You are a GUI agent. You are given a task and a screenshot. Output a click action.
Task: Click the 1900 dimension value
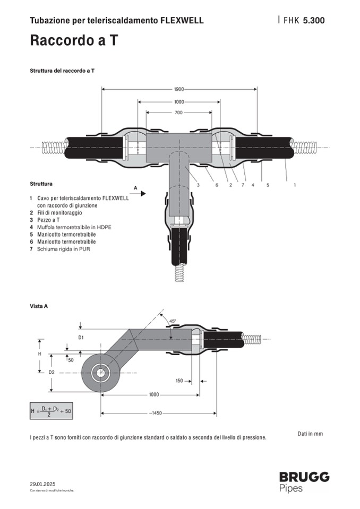point(179,89)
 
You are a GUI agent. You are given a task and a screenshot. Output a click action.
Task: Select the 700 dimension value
point(179,113)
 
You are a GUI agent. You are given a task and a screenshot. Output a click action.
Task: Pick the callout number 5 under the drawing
point(268,185)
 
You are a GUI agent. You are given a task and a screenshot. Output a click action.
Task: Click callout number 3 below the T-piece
point(198,185)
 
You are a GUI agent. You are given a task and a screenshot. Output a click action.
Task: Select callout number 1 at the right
point(294,185)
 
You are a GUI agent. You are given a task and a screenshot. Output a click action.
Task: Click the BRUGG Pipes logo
point(304,481)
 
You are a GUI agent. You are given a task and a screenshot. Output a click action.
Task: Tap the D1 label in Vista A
point(81,337)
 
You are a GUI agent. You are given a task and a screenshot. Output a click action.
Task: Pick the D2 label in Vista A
point(52,372)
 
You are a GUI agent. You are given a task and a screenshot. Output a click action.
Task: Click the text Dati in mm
point(310,434)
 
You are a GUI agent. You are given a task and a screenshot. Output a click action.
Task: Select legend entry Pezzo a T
point(48,220)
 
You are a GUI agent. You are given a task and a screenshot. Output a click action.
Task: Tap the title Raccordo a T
point(73,40)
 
